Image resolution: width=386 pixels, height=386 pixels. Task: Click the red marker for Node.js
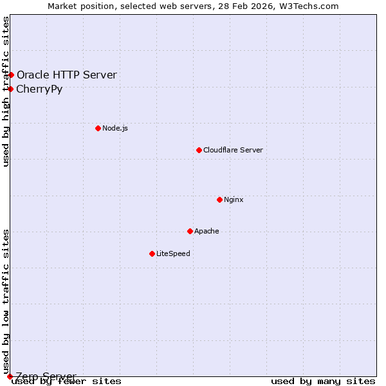click(98, 128)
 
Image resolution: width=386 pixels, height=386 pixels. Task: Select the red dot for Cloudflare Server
click(199, 150)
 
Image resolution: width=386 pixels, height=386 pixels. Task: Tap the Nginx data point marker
click(219, 199)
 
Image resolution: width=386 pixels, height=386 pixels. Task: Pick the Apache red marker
click(190, 231)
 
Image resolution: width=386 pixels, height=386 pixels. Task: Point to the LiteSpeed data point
click(152, 253)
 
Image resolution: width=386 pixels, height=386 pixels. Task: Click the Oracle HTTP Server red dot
click(11, 75)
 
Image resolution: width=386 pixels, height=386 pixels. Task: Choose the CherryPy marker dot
click(11, 89)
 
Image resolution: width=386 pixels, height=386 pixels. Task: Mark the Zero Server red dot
click(10, 376)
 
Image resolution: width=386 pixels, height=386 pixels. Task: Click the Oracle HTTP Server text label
click(67, 75)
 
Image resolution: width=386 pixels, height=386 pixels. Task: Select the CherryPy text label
click(39, 89)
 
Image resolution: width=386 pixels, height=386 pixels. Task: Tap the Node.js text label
click(115, 128)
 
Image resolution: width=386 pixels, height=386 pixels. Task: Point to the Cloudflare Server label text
click(233, 150)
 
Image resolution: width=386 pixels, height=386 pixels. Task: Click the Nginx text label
click(234, 199)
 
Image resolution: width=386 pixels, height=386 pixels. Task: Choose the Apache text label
click(207, 231)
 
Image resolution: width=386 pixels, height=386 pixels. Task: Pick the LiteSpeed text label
click(173, 253)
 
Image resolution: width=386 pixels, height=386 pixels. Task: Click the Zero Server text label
click(46, 376)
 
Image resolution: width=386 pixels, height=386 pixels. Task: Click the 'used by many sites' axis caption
click(323, 381)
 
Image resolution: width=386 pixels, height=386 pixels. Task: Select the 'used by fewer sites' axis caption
click(66, 381)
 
